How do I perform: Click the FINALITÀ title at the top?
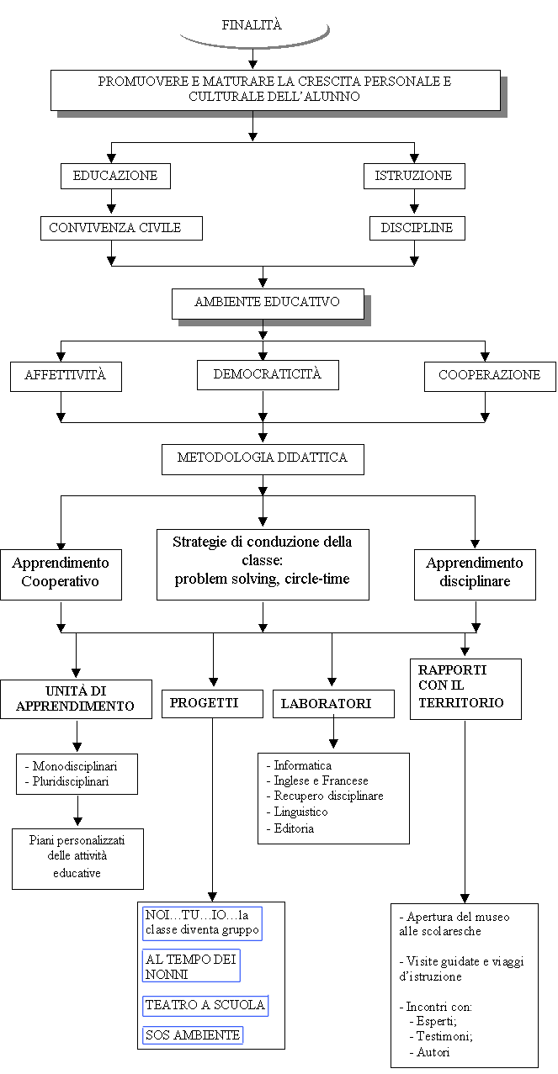click(x=252, y=25)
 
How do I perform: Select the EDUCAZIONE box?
click(x=115, y=176)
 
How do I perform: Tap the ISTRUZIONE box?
click(x=414, y=176)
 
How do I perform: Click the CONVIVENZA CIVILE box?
click(x=121, y=228)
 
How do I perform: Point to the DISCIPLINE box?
click(x=417, y=228)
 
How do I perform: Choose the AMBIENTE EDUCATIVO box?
click(x=268, y=304)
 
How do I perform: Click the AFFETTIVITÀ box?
click(x=66, y=377)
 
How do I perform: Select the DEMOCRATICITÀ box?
click(x=268, y=375)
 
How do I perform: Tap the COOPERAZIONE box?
click(x=490, y=377)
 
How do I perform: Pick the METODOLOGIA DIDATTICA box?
click(x=263, y=459)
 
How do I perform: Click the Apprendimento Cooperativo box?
click(x=61, y=574)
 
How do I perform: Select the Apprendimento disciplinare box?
click(x=475, y=574)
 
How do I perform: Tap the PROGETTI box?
click(x=212, y=703)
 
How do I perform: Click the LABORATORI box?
click(x=333, y=703)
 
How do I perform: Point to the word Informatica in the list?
click(x=302, y=765)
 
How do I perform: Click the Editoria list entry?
click(x=294, y=828)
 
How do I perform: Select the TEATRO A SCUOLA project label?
click(x=205, y=1005)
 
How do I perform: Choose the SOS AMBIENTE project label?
click(x=193, y=1034)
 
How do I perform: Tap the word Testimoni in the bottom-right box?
click(x=444, y=1036)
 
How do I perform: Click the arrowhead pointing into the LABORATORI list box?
click(x=333, y=743)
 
